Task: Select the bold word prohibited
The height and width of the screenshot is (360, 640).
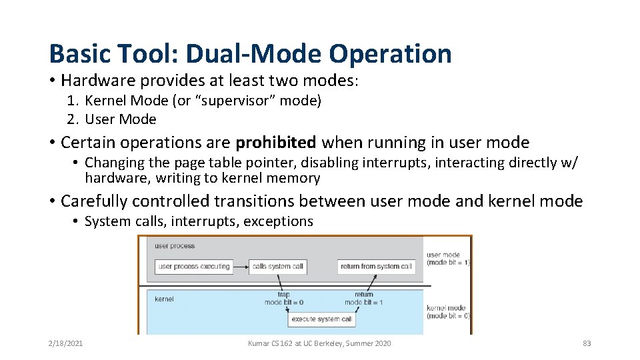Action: coord(276,142)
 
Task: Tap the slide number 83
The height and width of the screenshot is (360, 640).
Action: coord(587,343)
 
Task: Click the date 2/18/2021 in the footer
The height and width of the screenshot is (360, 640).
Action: coord(65,343)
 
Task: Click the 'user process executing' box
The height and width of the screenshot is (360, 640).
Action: coord(194,267)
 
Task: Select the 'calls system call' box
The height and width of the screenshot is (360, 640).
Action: coord(277,267)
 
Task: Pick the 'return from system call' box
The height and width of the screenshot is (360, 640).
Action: coord(376,267)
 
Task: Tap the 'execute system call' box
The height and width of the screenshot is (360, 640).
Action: coord(322,319)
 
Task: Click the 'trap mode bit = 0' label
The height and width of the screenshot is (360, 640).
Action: coord(283,298)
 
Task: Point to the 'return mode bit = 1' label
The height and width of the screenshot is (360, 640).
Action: coord(363,298)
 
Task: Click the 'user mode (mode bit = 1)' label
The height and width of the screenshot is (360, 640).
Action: coord(448,259)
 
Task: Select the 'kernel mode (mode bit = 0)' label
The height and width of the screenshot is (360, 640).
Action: coord(447,311)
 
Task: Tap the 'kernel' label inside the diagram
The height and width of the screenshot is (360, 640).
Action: coord(164,299)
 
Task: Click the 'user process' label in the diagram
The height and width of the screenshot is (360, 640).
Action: coord(175,246)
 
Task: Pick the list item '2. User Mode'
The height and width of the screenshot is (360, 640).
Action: coord(111,119)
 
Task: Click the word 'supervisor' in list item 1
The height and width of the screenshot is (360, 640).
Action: coord(225,101)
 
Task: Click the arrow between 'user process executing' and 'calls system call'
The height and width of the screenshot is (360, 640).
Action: coord(240,267)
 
